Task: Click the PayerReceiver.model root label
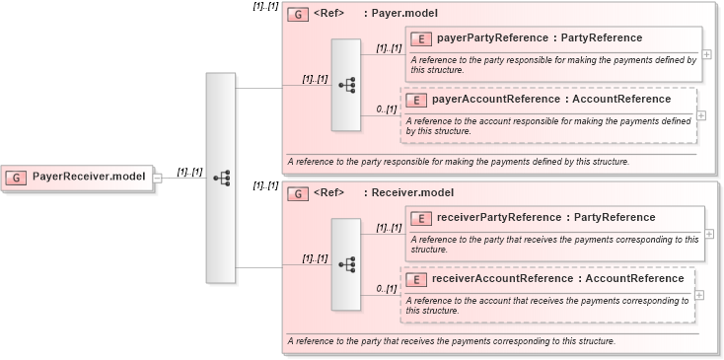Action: click(89, 178)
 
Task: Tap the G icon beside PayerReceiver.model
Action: click(17, 178)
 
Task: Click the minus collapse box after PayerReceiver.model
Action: click(157, 178)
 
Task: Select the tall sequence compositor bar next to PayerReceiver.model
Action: click(221, 178)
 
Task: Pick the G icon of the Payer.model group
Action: click(297, 15)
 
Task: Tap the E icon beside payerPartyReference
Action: click(421, 38)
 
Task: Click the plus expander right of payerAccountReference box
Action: click(701, 114)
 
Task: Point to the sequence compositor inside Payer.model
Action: click(346, 85)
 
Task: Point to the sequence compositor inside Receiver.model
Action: click(346, 263)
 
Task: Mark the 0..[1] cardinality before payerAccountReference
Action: click(386, 109)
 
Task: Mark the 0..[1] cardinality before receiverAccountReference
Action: click(386, 289)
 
